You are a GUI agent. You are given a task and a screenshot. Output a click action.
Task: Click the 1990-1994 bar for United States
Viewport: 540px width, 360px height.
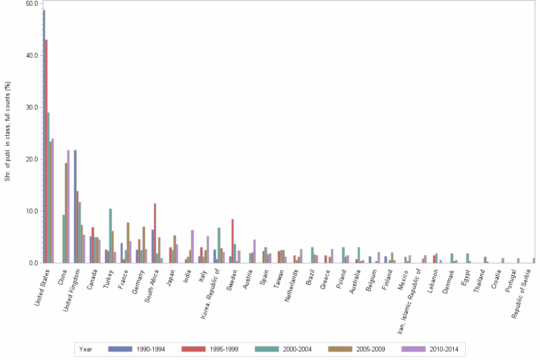click(44, 136)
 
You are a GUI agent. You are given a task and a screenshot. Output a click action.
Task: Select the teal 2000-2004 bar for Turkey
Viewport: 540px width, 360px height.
click(110, 236)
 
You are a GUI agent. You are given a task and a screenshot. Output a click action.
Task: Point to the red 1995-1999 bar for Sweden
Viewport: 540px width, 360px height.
click(232, 241)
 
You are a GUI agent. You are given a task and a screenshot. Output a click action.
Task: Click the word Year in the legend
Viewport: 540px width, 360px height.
click(86, 349)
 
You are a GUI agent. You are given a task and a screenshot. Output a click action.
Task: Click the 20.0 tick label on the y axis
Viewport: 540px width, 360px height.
click(32, 159)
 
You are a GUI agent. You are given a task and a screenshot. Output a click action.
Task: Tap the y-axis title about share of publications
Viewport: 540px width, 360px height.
click(7, 131)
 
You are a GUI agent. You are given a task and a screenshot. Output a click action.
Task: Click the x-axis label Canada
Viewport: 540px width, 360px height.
click(92, 280)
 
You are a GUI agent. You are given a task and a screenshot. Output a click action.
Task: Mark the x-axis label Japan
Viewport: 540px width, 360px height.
click(171, 278)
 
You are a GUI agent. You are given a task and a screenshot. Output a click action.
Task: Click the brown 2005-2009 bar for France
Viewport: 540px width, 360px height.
click(128, 242)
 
